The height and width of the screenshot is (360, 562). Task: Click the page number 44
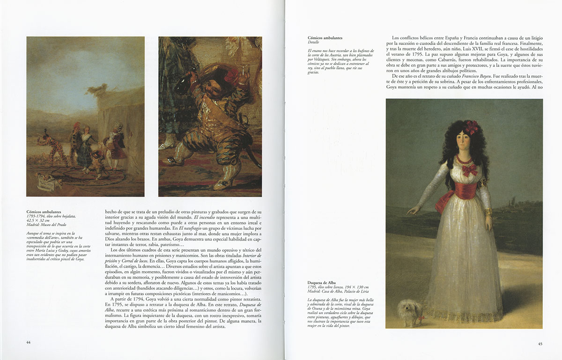[29, 342]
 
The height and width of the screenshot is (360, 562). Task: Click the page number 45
[540, 344]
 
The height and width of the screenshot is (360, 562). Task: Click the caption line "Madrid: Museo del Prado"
[47, 225]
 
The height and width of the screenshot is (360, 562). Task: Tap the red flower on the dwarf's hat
[232, 73]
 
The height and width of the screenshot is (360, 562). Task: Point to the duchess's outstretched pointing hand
[411, 211]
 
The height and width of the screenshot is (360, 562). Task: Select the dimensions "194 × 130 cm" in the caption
[353, 287]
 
